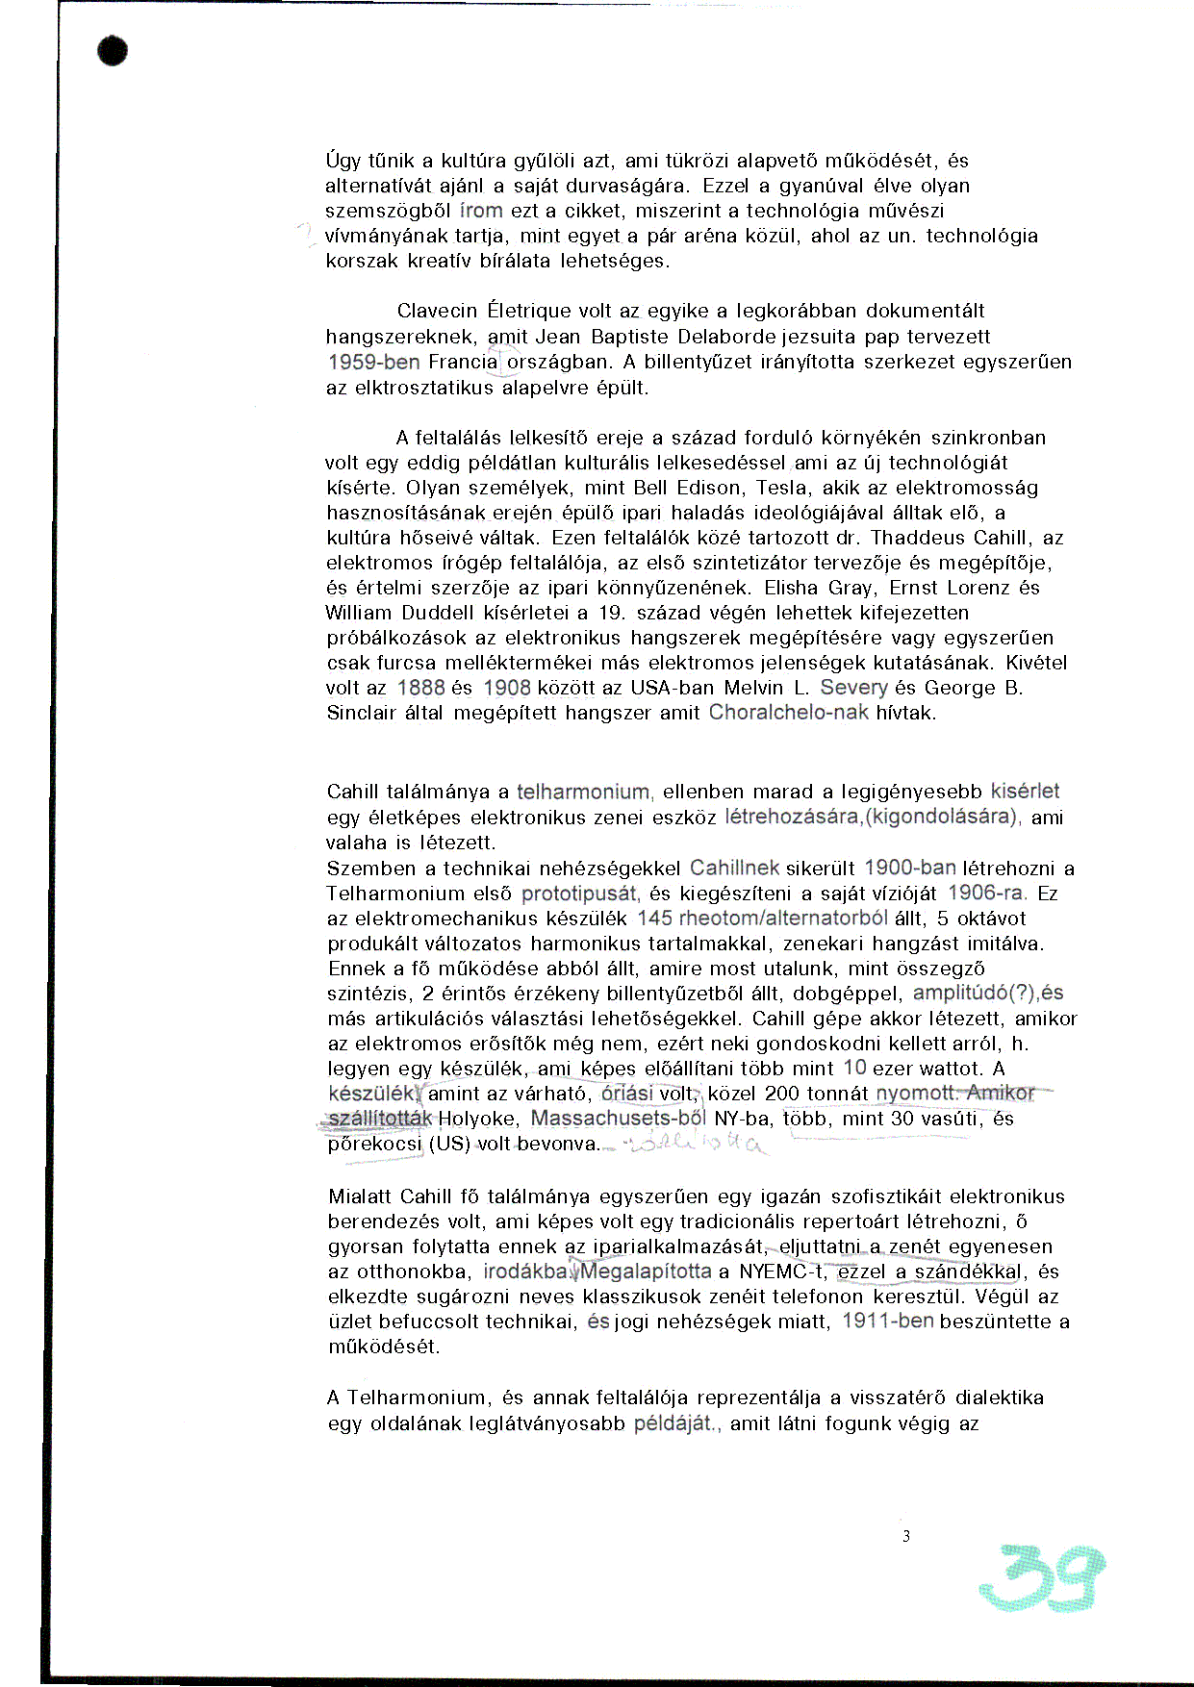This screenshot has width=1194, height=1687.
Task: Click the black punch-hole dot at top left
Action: (113, 51)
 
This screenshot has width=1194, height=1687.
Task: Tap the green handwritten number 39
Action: (1041, 1576)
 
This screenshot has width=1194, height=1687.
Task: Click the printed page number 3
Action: (905, 1536)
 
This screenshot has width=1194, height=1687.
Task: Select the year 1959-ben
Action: (373, 362)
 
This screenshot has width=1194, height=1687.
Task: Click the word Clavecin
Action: (437, 311)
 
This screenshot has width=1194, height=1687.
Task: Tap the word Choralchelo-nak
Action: (788, 713)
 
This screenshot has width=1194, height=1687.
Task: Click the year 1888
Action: (420, 688)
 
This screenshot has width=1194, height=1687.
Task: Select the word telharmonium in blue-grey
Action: (583, 792)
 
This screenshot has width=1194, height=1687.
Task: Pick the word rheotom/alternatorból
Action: (783, 918)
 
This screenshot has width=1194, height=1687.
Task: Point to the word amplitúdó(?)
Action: (973, 993)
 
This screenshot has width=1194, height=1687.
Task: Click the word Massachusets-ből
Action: (618, 1118)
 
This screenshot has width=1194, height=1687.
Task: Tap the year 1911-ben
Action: (887, 1321)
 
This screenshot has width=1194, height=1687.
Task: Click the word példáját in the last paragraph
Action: (673, 1423)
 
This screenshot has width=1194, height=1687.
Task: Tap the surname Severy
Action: (853, 688)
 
